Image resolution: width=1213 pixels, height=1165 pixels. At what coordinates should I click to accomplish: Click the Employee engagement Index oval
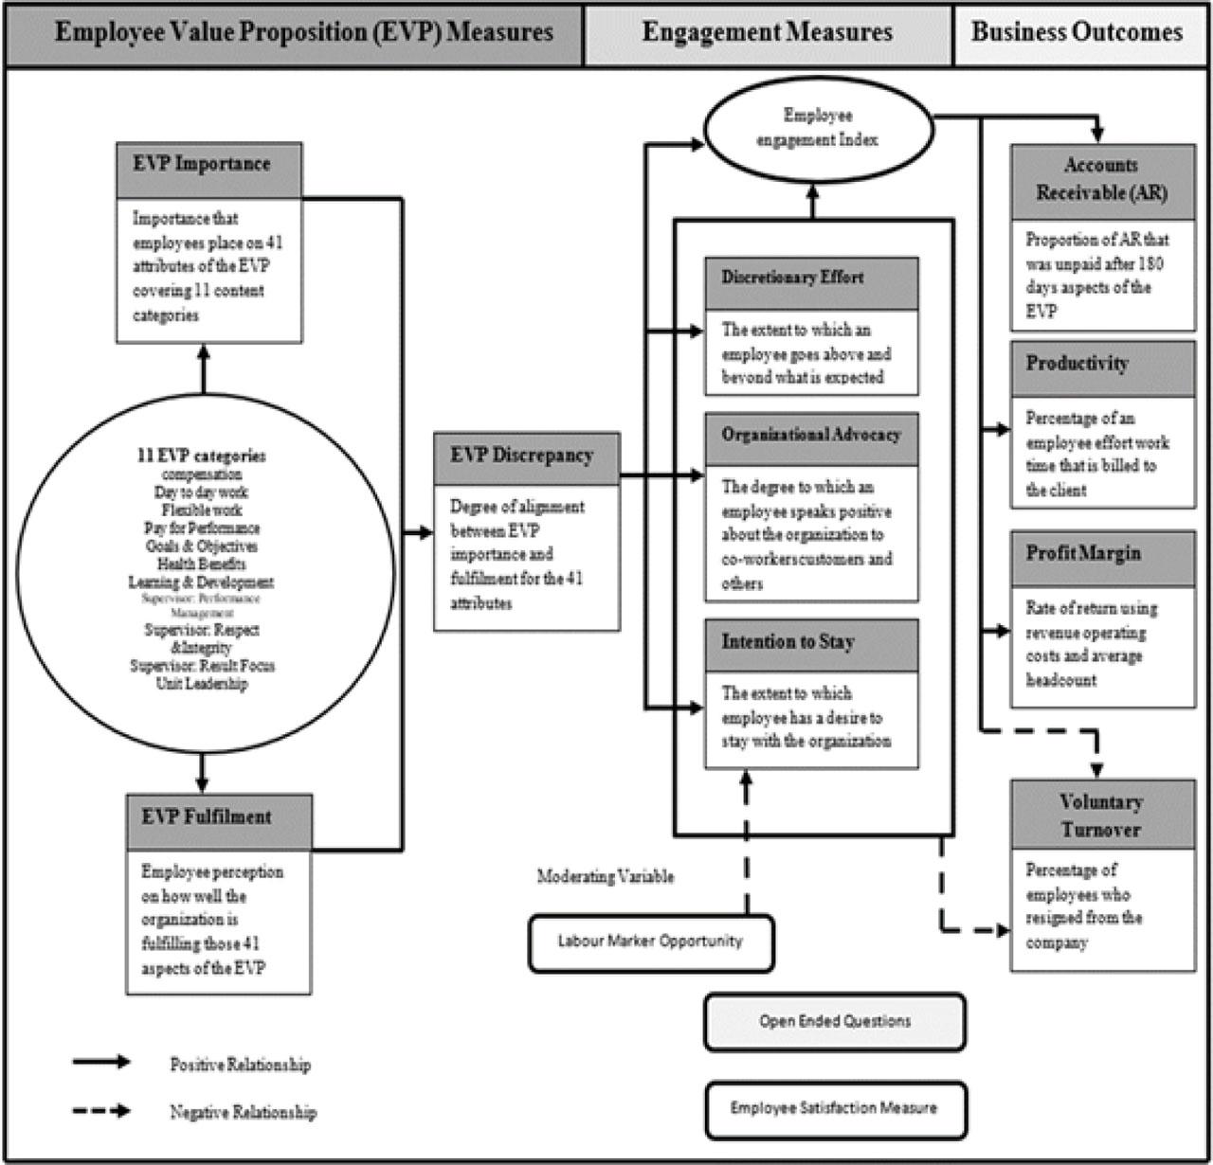817,129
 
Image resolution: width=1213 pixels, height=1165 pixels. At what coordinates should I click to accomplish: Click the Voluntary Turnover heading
1102,815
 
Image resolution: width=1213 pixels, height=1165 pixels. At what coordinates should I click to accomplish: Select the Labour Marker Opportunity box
650,941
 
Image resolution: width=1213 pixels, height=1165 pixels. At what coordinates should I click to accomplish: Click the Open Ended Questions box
834,1022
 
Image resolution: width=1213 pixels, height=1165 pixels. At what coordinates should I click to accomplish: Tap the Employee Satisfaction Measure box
834,1108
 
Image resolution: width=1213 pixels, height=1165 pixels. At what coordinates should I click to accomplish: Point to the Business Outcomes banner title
1077,33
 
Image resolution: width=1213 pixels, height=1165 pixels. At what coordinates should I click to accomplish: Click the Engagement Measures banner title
768,33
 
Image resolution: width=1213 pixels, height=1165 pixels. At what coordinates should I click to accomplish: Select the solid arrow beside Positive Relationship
101,1062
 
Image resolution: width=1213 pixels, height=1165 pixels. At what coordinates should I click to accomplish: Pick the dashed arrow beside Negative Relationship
101,1110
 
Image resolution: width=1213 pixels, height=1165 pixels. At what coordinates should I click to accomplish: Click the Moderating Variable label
606,877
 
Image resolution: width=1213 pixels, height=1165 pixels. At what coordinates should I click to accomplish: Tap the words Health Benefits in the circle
202,565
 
